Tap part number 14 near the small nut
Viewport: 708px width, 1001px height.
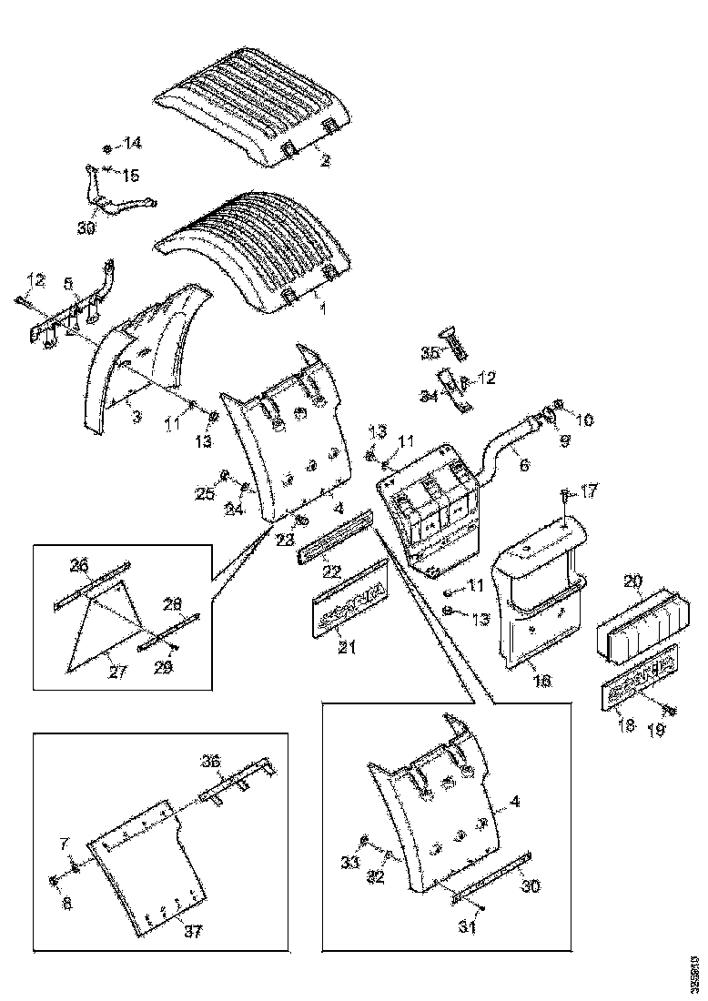pos(133,144)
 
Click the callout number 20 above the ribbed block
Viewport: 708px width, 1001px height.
pos(633,581)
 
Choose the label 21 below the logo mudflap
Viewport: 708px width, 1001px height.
pos(348,648)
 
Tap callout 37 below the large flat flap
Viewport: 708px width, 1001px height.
pos(192,931)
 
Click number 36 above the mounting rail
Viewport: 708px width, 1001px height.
pos(211,763)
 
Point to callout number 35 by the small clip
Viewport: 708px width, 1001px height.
pos(430,351)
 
